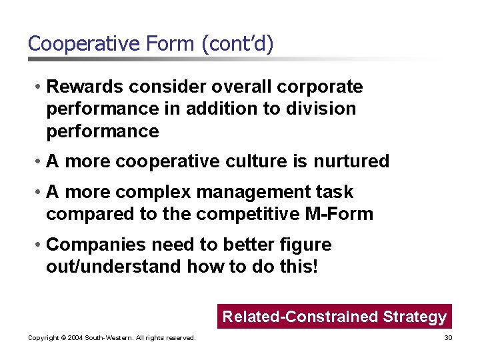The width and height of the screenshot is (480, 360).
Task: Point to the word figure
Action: pos(305,245)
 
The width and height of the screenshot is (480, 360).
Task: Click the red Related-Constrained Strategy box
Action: pos(334,317)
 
